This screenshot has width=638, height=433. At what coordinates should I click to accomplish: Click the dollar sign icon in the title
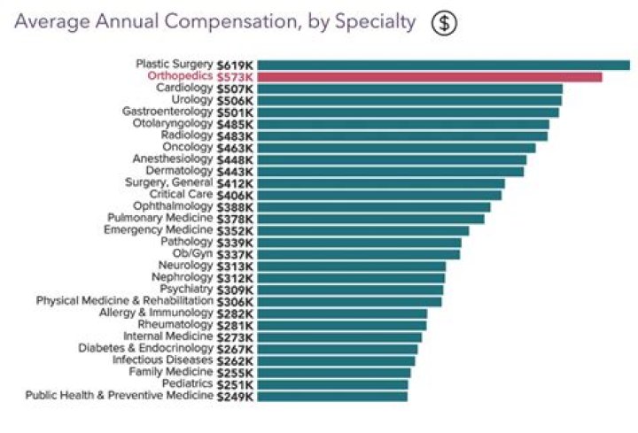(444, 23)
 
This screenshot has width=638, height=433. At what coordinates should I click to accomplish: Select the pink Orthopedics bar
(429, 77)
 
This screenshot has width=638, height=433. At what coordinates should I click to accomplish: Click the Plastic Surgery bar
(443, 65)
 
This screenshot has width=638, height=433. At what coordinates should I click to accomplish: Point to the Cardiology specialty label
(184, 89)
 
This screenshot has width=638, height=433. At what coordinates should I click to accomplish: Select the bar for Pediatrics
(333, 384)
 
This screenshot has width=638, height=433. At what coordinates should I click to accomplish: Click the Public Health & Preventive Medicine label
(120, 396)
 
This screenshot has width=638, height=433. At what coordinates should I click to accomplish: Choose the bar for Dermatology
(390, 171)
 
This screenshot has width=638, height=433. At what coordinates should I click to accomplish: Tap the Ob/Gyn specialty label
(192, 254)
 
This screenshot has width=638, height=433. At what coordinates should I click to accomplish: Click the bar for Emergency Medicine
(362, 230)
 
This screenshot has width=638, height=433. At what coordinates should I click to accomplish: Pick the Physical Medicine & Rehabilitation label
(125, 301)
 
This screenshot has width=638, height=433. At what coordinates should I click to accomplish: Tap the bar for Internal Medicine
(339, 337)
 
